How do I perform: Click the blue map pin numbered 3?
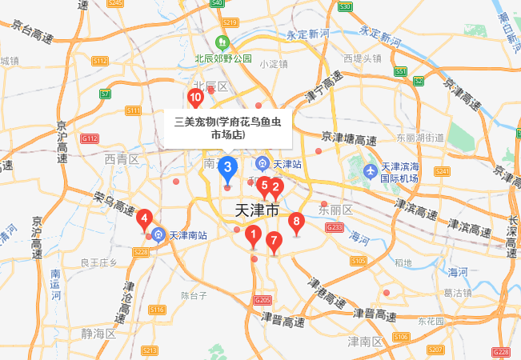[228, 167]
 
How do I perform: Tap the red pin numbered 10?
[195, 98]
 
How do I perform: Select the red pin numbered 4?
[144, 217]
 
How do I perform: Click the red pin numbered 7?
[274, 239]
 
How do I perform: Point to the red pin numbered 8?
[297, 222]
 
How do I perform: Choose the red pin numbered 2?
[276, 188]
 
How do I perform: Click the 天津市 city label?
[258, 210]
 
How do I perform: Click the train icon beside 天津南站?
[158, 235]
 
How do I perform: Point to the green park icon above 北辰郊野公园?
[223, 42]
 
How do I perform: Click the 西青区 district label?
[122, 160]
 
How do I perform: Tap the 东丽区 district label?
[336, 210]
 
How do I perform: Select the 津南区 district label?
[365, 342]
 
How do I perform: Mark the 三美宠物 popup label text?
[228, 129]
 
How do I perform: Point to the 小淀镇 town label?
[273, 64]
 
